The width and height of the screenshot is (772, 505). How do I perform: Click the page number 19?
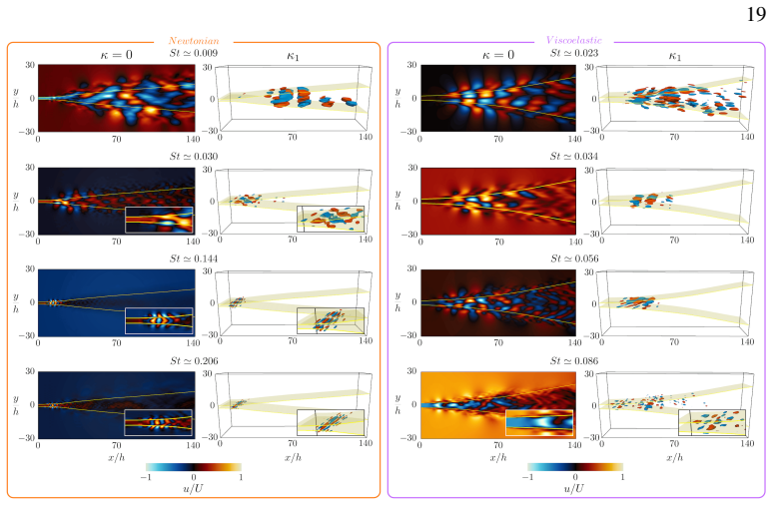point(756,14)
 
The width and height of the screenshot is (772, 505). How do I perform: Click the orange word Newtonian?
point(194,41)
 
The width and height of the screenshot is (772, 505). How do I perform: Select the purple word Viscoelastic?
point(573,40)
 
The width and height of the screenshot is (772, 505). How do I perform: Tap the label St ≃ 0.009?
point(194,53)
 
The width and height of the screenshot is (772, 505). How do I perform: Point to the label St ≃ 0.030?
point(194,157)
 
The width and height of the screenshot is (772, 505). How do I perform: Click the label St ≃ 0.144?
point(194,258)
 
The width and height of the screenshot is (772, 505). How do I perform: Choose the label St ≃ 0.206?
point(194,361)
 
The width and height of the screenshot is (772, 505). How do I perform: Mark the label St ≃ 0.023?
point(574,53)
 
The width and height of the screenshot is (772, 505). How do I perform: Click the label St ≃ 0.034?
point(574,157)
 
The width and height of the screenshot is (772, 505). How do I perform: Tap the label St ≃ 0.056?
point(574,258)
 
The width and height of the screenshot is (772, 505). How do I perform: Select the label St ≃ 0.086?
point(574,361)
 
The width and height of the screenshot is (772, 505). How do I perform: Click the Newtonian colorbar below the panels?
point(194,467)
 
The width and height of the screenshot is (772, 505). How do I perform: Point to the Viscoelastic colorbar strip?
point(575,467)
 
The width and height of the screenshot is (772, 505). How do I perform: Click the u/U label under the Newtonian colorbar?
point(193,488)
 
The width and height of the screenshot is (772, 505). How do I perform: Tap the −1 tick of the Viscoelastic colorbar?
point(527,477)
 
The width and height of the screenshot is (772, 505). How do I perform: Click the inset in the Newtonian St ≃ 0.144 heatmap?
point(159,321)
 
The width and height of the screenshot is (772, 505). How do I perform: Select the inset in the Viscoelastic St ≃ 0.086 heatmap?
point(539,423)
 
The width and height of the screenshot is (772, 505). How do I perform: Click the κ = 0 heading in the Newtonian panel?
point(116,55)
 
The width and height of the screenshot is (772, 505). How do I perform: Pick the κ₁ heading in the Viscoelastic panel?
point(674,56)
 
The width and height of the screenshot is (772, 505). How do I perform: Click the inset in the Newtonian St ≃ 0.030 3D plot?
point(331,219)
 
